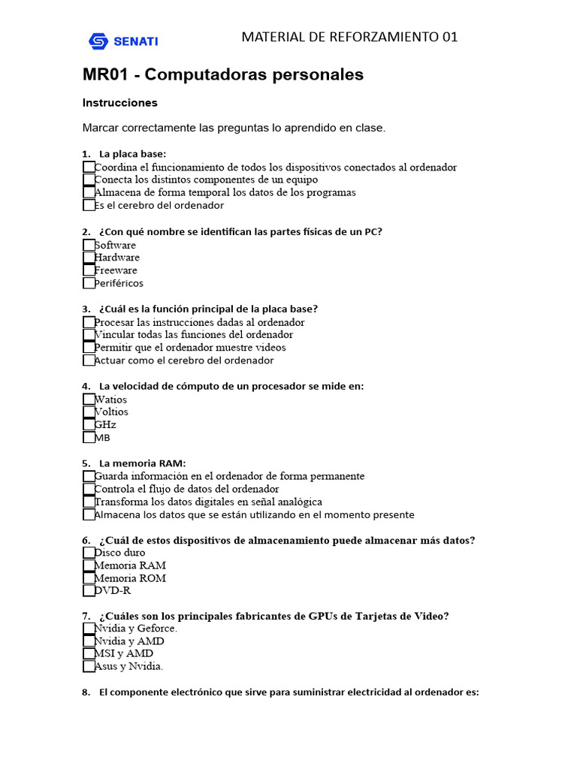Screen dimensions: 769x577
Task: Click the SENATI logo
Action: (122, 41)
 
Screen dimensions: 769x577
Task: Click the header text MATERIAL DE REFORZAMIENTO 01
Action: (349, 37)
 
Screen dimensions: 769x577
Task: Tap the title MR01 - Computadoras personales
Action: (222, 74)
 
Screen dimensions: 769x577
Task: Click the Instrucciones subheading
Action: (119, 103)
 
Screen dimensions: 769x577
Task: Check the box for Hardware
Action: (89, 258)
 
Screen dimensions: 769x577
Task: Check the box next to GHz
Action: (89, 424)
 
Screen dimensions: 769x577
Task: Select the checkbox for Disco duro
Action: (89, 553)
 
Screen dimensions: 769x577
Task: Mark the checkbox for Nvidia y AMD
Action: (89, 641)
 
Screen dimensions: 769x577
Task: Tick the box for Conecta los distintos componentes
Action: (89, 179)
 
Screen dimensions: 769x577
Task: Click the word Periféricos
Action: (119, 283)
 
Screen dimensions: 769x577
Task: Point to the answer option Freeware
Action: (116, 270)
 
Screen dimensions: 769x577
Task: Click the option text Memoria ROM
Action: (130, 578)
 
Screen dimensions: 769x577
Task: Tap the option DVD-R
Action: (113, 591)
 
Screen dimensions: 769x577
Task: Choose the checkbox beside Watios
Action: (89, 399)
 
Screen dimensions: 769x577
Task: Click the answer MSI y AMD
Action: (123, 653)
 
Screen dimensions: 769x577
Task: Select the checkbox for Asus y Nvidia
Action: (89, 666)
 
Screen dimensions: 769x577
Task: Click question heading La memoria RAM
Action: (142, 463)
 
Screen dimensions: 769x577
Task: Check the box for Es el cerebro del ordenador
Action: (89, 205)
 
